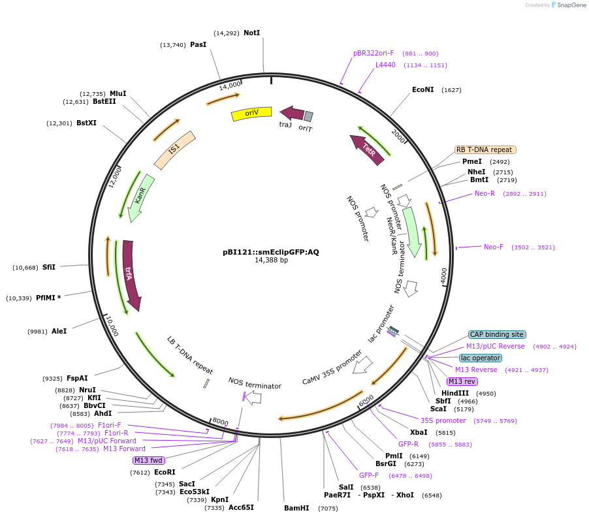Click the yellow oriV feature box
pos(251,114)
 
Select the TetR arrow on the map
pos(367,149)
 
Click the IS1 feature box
pos(174,149)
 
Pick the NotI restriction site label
pos(251,33)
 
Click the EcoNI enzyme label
pos(422,89)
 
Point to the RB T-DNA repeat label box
pos(485,149)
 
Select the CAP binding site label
pos(497,334)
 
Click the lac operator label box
pos(480,358)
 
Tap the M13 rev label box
pos(462,381)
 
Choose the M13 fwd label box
pos(148,460)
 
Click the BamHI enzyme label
pos(296,508)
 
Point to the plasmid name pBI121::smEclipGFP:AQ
pos(271,251)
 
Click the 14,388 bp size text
pos(271,260)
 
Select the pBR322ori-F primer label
pos(374,54)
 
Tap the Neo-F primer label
pos(493,247)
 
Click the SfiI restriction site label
pos(49,267)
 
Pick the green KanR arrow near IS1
pos(142,197)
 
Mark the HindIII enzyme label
pos(455,393)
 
